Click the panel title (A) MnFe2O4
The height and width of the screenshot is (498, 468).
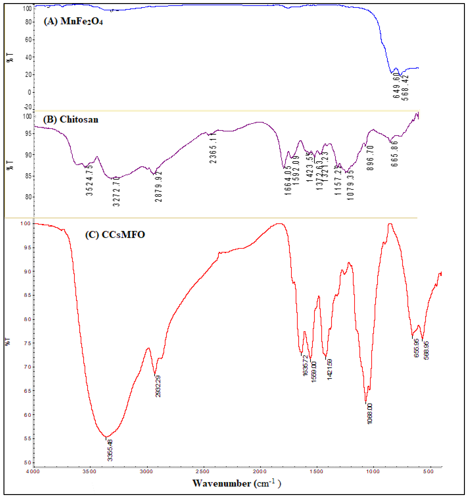(73, 21)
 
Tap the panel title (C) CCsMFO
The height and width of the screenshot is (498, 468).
(115, 235)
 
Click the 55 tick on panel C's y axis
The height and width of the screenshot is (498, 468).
(28, 438)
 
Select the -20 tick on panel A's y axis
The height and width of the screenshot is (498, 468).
(28, 107)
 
